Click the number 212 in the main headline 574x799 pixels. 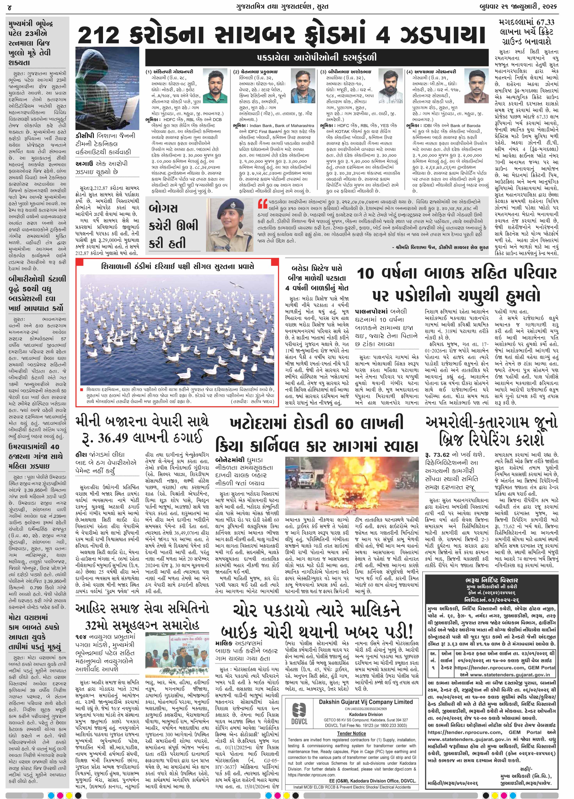coord(99,35)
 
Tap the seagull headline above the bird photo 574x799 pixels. coord(178,266)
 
